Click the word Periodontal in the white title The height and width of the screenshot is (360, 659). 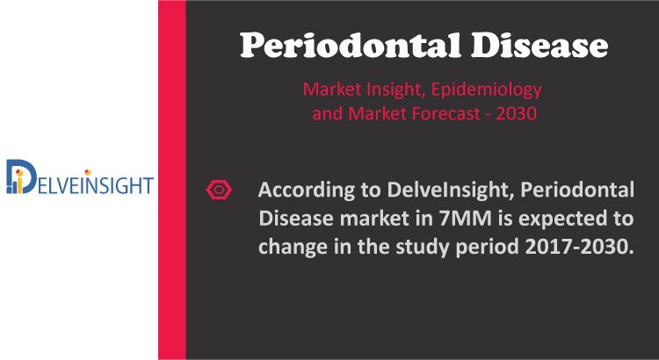(x=351, y=46)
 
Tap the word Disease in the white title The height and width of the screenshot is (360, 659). (x=540, y=46)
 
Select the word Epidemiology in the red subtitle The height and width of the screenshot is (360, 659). (x=486, y=90)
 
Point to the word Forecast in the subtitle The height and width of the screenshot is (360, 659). (x=445, y=113)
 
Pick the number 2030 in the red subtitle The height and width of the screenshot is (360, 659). (x=516, y=114)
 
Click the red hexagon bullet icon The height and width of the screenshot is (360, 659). (x=219, y=190)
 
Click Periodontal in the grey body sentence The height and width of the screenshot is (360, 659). (x=577, y=191)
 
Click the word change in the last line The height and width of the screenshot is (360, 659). (x=290, y=248)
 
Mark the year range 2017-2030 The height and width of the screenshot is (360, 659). (x=578, y=247)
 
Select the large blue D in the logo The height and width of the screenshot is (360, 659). (x=21, y=176)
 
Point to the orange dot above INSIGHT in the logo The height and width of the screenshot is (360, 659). (x=87, y=172)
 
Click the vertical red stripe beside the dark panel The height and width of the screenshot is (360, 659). (x=172, y=180)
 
